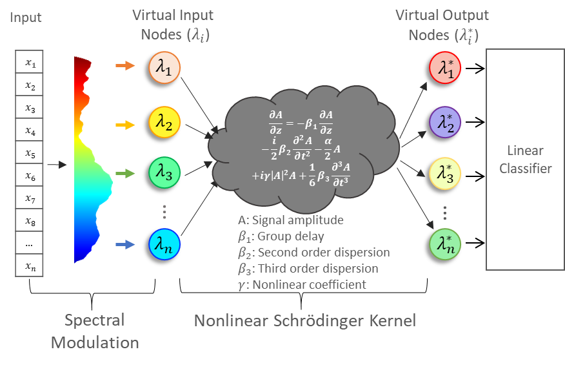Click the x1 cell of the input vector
click(x=29, y=63)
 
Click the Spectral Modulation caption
click(x=95, y=331)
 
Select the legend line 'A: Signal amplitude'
click(x=290, y=220)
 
